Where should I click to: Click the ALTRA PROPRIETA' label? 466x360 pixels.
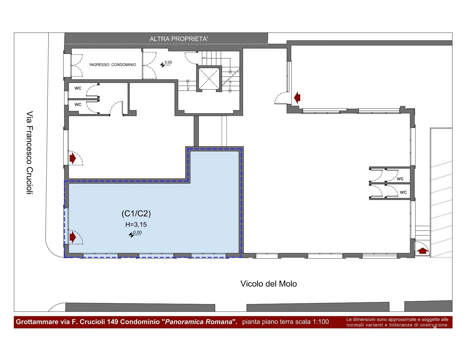179,39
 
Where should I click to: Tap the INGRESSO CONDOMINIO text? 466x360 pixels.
113,65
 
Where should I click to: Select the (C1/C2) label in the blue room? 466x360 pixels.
136,213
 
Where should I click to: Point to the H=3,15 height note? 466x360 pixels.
136,224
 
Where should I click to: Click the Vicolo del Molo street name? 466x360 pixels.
269,284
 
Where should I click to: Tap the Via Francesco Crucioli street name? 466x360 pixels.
30,153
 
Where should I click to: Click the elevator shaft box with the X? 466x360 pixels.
209,79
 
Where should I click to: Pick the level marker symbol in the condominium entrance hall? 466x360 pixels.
163,65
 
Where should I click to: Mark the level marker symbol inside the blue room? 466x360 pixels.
131,235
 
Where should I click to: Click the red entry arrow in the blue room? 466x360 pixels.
73,237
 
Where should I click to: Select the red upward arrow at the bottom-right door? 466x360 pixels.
423,251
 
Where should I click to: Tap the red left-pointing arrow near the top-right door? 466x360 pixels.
297,98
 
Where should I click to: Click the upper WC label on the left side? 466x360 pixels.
78,88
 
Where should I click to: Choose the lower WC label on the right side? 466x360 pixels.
403,192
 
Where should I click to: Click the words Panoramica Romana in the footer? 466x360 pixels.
199,322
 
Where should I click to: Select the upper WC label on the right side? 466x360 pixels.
400,179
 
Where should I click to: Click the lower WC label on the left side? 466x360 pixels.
78,104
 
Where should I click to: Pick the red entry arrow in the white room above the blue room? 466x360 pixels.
73,158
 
